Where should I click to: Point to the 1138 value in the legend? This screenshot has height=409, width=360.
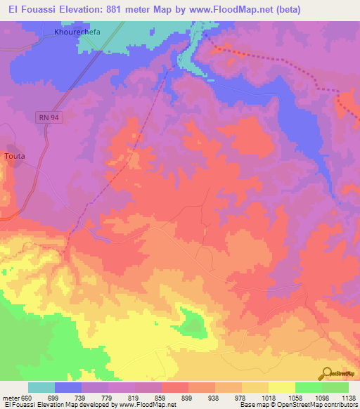[349, 398]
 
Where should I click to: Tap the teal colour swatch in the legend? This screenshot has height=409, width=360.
[41, 387]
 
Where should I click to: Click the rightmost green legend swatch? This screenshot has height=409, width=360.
[335, 387]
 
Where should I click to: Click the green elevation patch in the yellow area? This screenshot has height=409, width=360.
[193, 323]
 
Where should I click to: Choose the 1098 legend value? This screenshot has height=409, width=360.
[321, 398]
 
